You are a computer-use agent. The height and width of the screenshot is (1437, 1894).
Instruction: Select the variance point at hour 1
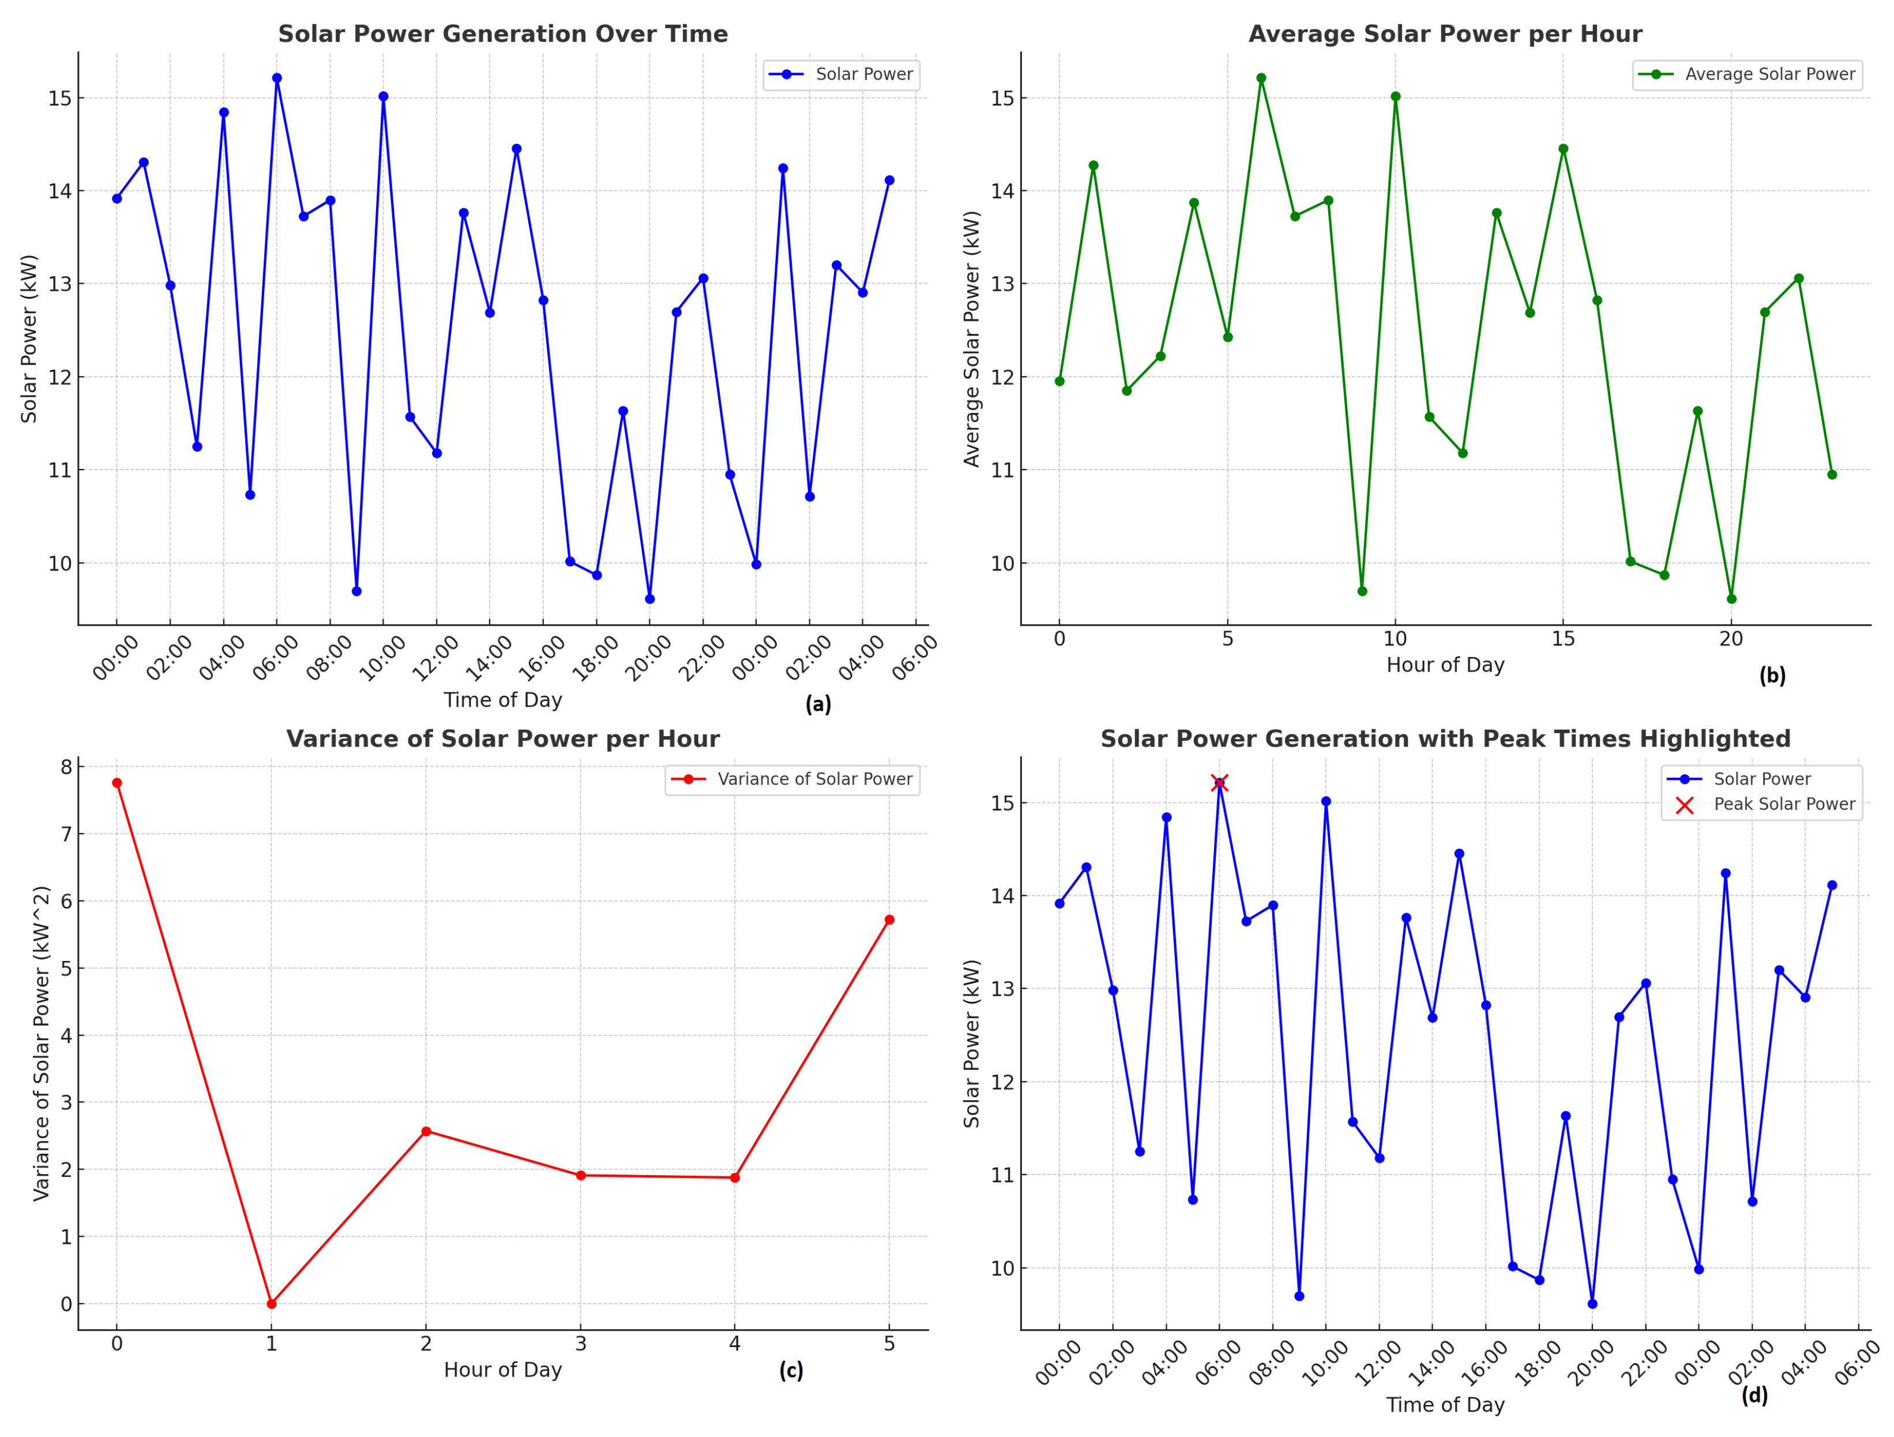click(272, 1303)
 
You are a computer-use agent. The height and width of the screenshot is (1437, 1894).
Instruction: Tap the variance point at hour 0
click(117, 783)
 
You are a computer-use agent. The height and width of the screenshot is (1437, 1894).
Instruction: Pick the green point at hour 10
click(1396, 97)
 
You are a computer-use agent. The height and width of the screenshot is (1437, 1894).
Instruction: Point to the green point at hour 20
click(1731, 599)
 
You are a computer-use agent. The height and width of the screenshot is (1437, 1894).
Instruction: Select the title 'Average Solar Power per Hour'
click(1445, 34)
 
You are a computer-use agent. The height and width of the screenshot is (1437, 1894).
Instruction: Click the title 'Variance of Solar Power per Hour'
click(502, 739)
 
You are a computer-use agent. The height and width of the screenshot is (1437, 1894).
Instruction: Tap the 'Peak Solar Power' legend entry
click(1783, 804)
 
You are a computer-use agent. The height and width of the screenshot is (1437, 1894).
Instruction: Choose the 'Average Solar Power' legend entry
click(1770, 74)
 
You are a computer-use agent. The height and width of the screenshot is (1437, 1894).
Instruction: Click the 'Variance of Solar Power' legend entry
click(814, 779)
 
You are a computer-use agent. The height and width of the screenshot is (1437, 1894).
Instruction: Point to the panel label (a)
click(818, 704)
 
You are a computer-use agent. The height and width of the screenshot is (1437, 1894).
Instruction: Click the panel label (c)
click(790, 1370)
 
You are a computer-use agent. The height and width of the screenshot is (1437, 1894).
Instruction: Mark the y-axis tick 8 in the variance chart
click(66, 767)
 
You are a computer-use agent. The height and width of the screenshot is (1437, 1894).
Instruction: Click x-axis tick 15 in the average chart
click(1564, 639)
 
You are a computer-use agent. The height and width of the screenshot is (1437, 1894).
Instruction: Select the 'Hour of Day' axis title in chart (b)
click(1445, 665)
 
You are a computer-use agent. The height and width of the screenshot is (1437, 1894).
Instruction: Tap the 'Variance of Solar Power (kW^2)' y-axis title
click(42, 1043)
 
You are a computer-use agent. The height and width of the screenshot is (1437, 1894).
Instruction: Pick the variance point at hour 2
click(426, 1131)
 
